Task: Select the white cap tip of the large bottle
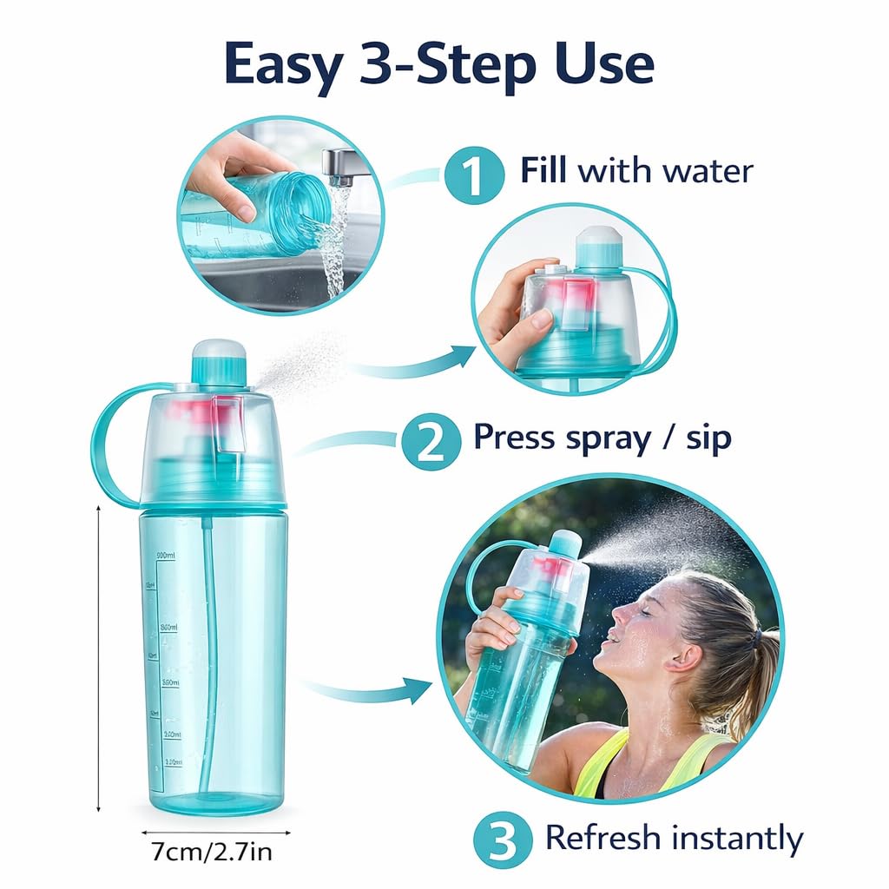pyautogui.click(x=219, y=349)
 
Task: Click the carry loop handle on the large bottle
pyautogui.click(x=109, y=443)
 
